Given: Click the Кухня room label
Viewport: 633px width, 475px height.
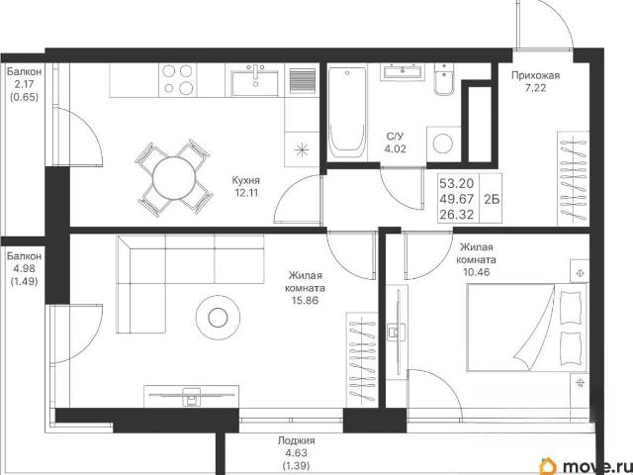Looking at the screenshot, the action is [246, 180].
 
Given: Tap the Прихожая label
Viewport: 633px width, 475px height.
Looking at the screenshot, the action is [535, 75].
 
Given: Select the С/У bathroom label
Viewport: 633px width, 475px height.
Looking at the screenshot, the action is [395, 137].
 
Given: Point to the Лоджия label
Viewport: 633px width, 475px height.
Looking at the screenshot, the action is [297, 440].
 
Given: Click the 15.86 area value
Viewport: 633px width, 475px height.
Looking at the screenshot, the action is [305, 301].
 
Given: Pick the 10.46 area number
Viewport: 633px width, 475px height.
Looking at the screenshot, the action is [477, 272].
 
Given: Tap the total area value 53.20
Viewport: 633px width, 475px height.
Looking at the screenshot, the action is [456, 184].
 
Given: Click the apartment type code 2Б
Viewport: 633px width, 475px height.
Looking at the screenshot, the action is [492, 199].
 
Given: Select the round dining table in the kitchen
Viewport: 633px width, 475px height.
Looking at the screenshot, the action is [174, 178].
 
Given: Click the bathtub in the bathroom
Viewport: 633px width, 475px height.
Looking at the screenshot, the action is [347, 113].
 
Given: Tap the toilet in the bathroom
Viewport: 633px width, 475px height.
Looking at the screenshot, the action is [443, 79].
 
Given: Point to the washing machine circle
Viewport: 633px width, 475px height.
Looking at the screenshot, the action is [443, 143].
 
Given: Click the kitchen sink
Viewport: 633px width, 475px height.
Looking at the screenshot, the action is [255, 80].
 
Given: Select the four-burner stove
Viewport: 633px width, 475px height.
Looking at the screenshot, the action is [177, 80].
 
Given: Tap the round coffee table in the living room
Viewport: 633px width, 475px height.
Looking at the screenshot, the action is [218, 318].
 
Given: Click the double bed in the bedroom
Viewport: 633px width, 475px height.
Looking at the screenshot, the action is [526, 328].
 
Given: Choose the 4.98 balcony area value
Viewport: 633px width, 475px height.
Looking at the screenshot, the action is [24, 268].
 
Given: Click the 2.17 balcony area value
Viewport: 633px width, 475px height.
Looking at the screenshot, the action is [24, 84].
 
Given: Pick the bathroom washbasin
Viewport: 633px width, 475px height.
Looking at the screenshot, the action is [403, 71].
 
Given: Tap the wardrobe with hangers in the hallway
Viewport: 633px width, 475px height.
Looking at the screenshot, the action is [573, 178].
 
